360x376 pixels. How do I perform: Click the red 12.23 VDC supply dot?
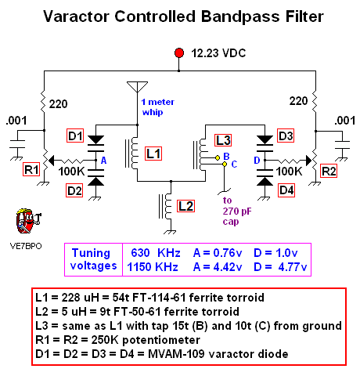click(181, 52)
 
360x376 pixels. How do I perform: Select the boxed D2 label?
click(75, 189)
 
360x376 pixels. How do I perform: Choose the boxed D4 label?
click(285, 189)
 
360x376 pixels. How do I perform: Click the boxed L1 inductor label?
click(153, 154)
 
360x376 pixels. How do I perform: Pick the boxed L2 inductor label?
click(185, 206)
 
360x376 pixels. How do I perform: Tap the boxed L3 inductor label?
click(224, 140)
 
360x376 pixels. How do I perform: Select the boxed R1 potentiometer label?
click(32, 168)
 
